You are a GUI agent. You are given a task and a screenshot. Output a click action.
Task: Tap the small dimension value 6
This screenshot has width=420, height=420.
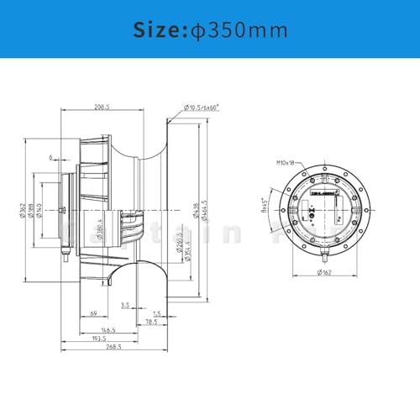pos(51,156)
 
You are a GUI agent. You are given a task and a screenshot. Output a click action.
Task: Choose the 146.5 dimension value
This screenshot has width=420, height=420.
pos(109,331)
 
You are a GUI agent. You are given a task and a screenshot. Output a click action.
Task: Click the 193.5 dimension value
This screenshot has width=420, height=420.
pos(100,339)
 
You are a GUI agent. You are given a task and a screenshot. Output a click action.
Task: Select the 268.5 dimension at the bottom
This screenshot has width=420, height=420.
pos(114,346)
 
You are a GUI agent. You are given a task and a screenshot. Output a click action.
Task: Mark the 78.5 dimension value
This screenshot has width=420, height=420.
pos(153,321)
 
